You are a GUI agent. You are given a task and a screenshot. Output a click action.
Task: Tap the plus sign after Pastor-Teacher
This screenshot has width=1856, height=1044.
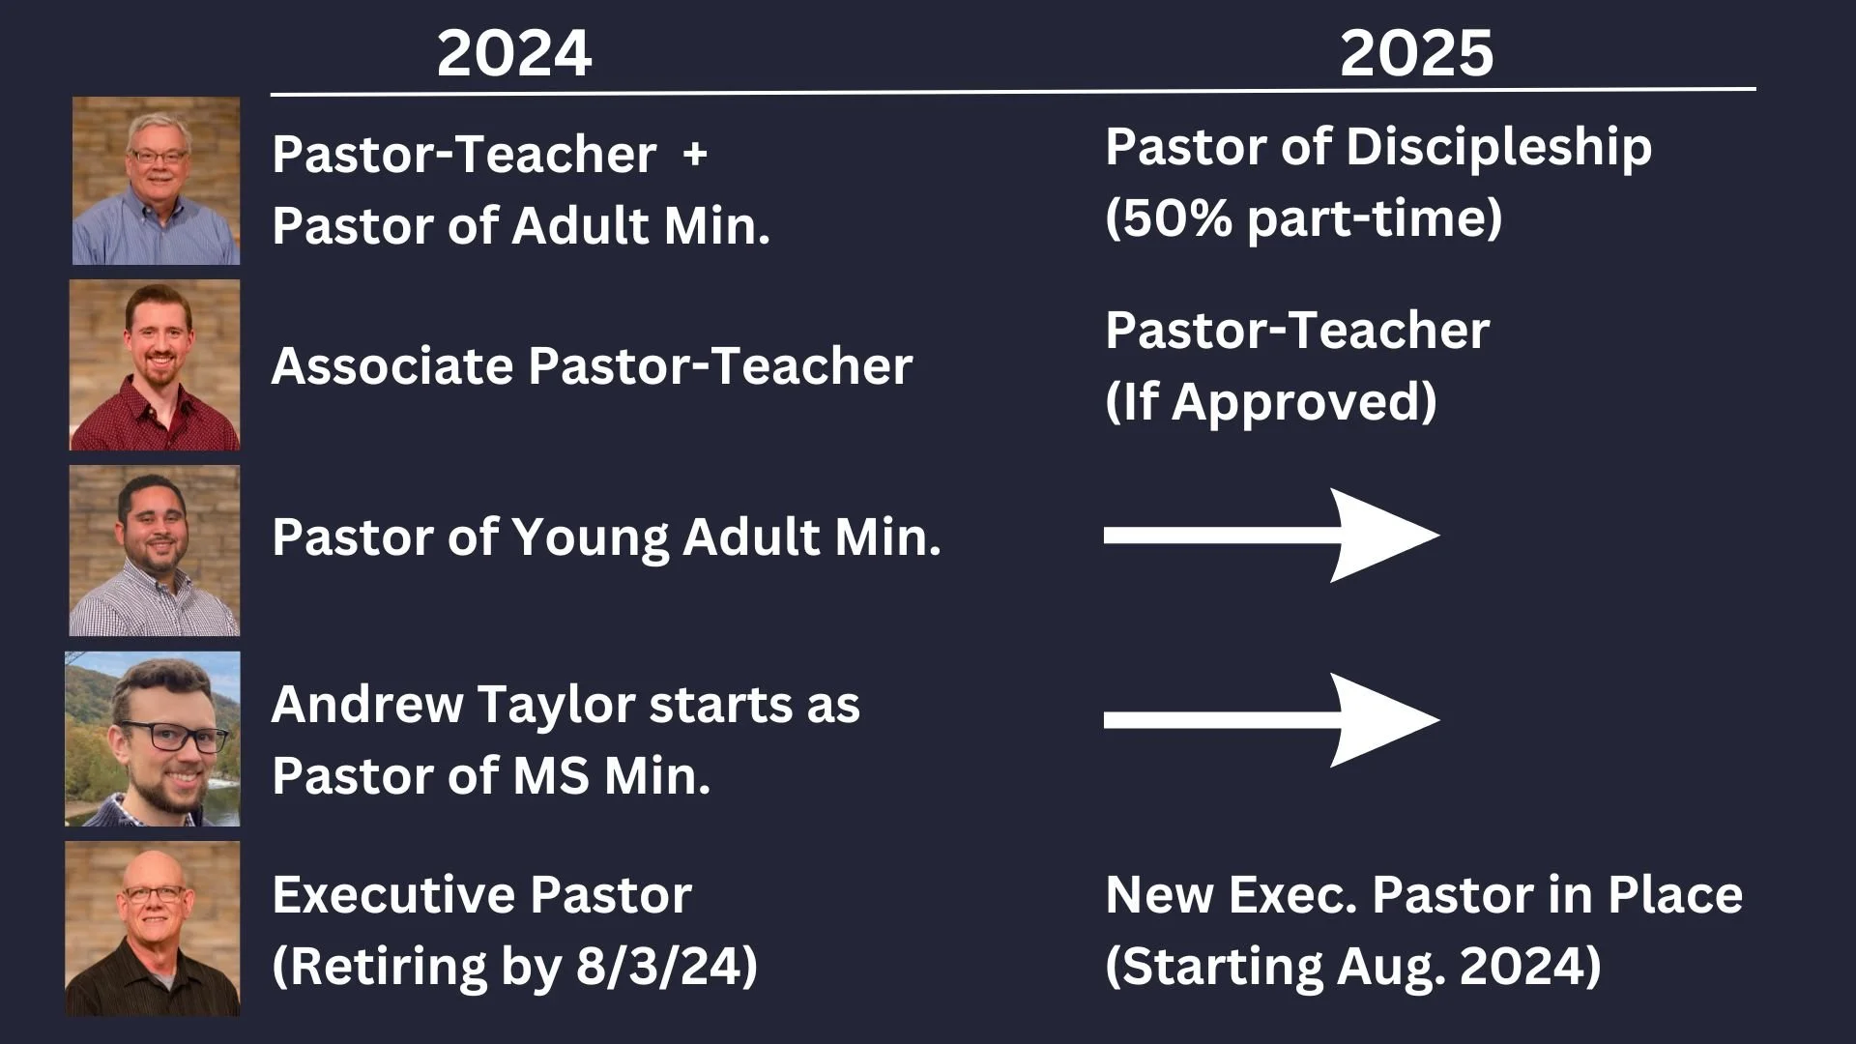[694, 155]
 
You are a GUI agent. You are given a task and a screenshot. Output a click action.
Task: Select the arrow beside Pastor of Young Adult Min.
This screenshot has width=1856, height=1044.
[1271, 536]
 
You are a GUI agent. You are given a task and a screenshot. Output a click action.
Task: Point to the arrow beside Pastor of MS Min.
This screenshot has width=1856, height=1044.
[1271, 719]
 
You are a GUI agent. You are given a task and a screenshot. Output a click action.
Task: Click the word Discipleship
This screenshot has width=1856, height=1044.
[1498, 148]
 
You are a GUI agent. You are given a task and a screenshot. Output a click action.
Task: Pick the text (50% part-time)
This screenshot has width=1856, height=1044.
[1303, 218]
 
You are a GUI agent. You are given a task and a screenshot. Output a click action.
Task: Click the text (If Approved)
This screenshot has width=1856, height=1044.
[1270, 402]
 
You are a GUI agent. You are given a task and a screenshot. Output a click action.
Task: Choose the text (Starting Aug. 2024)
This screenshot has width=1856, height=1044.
[1352, 966]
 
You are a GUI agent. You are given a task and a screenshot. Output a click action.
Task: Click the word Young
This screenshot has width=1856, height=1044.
[589, 537]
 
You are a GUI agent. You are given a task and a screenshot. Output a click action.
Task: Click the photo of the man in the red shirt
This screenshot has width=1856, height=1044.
[155, 365]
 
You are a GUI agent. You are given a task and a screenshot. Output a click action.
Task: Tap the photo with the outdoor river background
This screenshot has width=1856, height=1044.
[153, 739]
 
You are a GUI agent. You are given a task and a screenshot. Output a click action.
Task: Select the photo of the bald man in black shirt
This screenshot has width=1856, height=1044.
[153, 928]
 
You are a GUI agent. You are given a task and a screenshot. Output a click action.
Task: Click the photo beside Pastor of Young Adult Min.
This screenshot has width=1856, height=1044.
[155, 550]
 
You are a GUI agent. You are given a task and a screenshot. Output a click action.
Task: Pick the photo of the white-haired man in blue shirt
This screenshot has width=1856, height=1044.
[156, 181]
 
